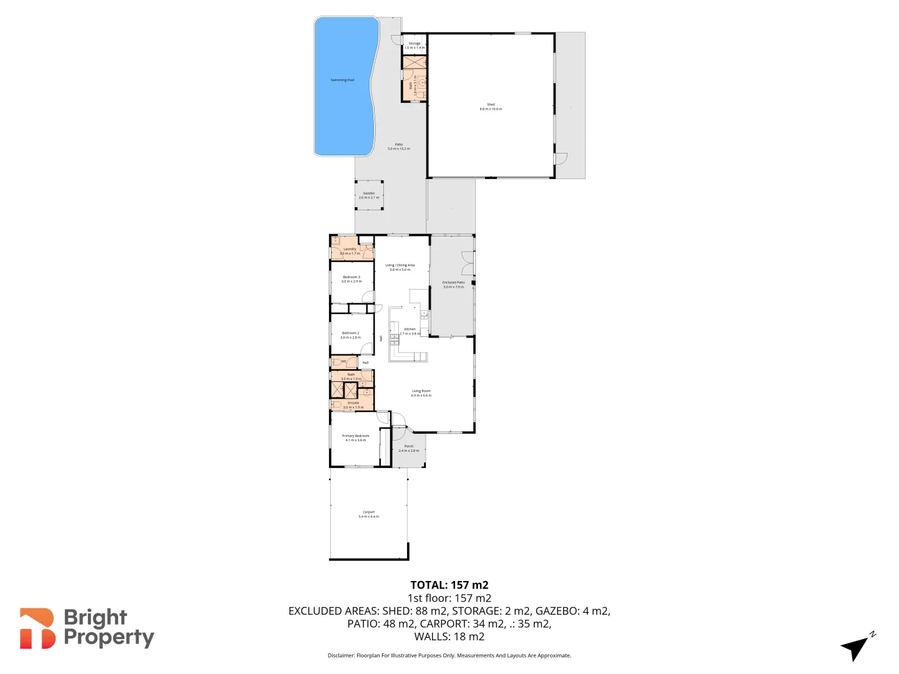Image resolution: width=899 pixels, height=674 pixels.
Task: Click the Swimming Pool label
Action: point(342,80)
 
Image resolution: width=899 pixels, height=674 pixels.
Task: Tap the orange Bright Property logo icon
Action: point(37,628)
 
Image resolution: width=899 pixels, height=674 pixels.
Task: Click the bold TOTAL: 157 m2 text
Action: point(449,585)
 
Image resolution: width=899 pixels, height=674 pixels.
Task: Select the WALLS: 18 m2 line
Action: point(449,637)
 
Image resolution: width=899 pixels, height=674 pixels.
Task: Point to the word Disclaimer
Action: point(341,656)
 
